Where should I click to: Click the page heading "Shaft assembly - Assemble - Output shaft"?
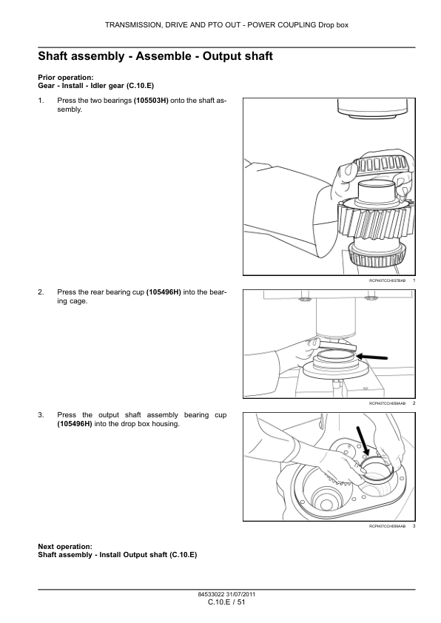pos(155,56)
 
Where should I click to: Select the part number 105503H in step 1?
pos(151,101)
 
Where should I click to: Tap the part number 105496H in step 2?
pos(164,292)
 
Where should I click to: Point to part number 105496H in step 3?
pos(75,424)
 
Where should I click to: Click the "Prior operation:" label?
pos(66,78)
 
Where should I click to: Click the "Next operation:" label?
pos(65,547)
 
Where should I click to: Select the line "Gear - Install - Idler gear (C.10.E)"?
pos(95,86)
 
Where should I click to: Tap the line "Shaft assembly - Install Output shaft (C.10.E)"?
pos(117,555)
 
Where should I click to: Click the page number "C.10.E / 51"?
pos(226,602)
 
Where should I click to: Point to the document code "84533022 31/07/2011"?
pos(226,594)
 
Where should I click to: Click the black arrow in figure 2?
pos(372,357)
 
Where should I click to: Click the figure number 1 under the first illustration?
pos(414,280)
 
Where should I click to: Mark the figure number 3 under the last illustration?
pos(414,526)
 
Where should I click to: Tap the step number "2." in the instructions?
pos(41,292)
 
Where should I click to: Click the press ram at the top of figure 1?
pos(372,108)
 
